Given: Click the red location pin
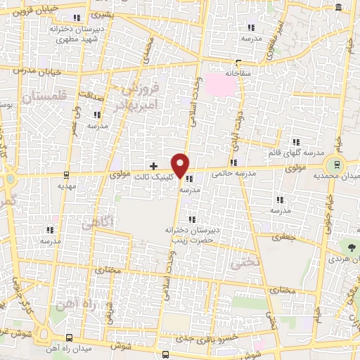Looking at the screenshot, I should click(x=181, y=165).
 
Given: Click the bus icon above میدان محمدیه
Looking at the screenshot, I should click(x=337, y=164).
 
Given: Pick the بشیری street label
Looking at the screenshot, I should click(x=122, y=14).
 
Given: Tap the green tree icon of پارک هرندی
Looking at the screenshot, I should click(x=352, y=247).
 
